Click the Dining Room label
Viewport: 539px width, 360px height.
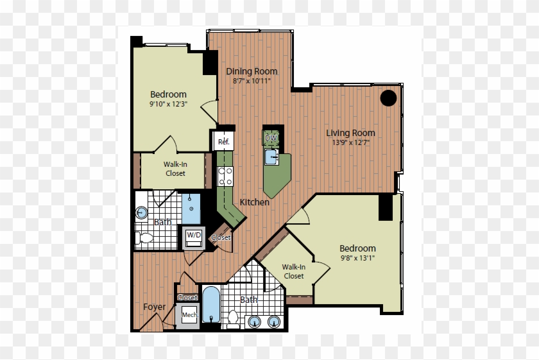coord(252,71)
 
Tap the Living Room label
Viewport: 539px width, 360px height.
coord(350,133)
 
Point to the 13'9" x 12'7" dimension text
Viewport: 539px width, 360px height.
coord(350,142)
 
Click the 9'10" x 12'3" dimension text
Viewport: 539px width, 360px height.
coord(168,104)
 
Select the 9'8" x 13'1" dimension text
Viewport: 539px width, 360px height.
coord(357,258)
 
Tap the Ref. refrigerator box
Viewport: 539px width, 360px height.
coord(223,141)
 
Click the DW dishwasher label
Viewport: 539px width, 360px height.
coord(271,138)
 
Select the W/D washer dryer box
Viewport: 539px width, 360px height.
coord(193,236)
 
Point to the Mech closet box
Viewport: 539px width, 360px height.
coord(189,316)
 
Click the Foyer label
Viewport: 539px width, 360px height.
coord(154,307)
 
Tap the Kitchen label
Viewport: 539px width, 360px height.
coord(255,202)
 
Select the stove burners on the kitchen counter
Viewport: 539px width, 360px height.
coord(225,175)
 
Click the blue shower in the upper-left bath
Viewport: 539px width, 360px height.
coord(191,205)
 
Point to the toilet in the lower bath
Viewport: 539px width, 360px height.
coord(233,316)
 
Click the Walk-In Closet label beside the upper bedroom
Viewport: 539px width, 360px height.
coord(175,169)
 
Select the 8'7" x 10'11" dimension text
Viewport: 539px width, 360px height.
coord(252,81)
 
